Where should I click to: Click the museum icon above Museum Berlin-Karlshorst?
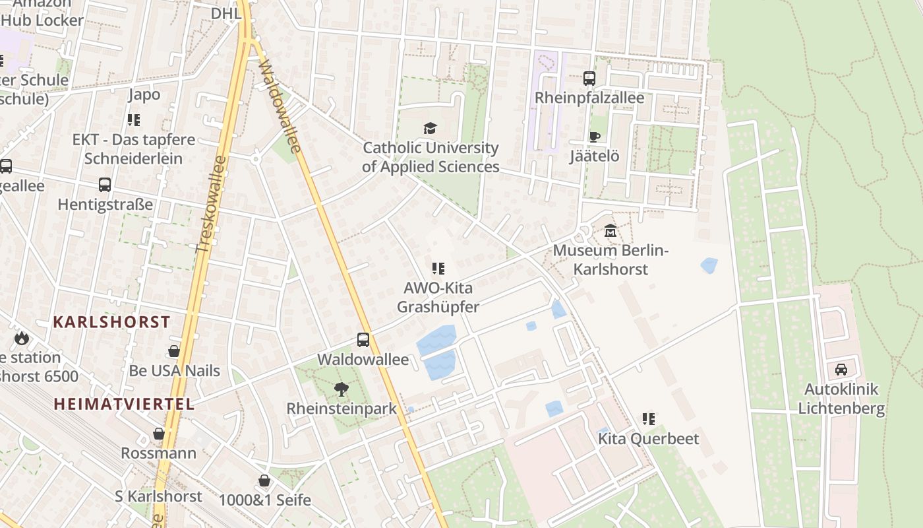click(610, 232)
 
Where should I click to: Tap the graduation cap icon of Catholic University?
click(430, 128)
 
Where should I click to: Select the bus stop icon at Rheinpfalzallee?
click(589, 79)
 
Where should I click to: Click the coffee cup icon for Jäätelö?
click(594, 137)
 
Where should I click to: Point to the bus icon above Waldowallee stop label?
click(363, 340)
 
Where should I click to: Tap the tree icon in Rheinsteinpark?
click(341, 389)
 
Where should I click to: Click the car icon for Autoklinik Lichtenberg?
click(841, 370)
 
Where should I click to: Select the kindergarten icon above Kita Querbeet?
click(649, 419)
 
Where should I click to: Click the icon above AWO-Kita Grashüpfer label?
click(438, 269)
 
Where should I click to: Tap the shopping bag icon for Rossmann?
click(158, 434)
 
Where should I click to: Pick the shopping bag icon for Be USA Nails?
click(174, 351)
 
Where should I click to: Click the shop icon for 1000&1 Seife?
click(264, 480)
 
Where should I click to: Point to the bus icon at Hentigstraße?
click(105, 185)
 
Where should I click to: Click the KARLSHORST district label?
click(111, 322)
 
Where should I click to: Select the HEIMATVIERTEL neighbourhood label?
click(124, 404)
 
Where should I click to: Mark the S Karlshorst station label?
click(158, 496)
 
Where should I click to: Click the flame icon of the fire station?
click(21, 339)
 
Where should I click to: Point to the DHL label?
click(226, 14)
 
